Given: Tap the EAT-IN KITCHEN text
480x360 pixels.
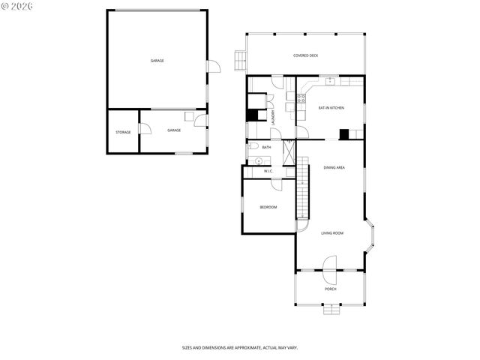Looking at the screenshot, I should (x=331, y=108).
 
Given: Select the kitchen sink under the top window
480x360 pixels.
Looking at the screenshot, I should (x=330, y=79).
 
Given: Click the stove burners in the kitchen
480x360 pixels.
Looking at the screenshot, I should (x=301, y=97).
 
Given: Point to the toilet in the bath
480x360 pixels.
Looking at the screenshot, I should (x=254, y=147).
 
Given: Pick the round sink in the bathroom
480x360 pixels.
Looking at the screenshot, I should (x=259, y=160).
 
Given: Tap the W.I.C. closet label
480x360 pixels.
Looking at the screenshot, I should (x=268, y=172).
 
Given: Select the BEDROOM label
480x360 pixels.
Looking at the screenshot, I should (x=268, y=207).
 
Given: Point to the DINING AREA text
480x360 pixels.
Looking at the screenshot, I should (x=334, y=167).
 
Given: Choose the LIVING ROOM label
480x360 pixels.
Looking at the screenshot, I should (x=332, y=233).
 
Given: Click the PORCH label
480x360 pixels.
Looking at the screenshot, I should (x=330, y=289).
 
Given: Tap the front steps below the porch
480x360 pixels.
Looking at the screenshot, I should (x=330, y=308).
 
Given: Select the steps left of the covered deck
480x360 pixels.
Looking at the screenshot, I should (x=240, y=58).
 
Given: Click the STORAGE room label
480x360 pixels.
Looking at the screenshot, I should (x=123, y=132).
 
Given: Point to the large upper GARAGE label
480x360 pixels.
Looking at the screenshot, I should (x=157, y=61).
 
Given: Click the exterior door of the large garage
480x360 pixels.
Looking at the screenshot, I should (x=214, y=67).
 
